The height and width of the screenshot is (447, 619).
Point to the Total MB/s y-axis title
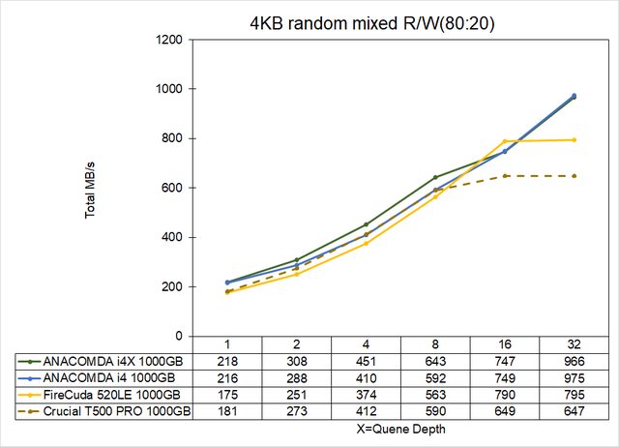pyautogui.click(x=90, y=189)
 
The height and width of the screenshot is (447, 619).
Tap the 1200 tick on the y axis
pyautogui.click(x=171, y=40)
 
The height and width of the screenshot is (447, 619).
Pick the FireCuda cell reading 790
pyautogui.click(x=504, y=394)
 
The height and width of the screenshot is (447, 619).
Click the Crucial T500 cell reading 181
pyautogui.click(x=227, y=411)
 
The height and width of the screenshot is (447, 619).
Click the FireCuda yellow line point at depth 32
pyautogui.click(x=574, y=139)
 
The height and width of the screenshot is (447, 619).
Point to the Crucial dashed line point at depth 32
pyautogui.click(x=574, y=176)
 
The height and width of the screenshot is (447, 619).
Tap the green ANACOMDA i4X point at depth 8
pyautogui.click(x=435, y=177)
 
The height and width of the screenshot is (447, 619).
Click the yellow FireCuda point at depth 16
pyautogui.click(x=504, y=141)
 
